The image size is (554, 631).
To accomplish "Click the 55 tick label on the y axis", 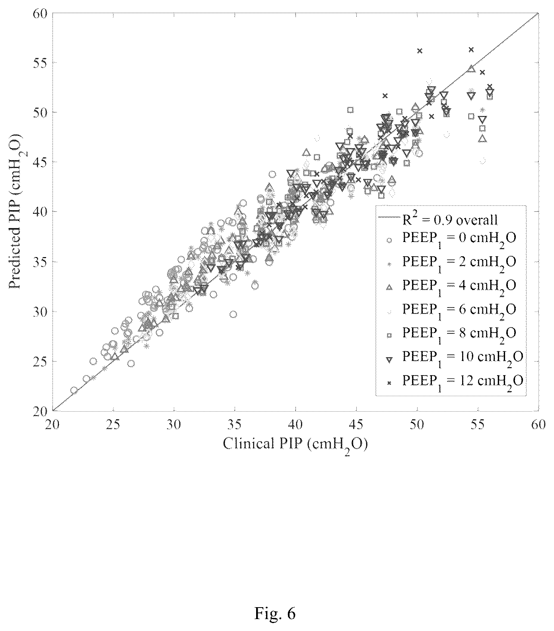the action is point(40,62).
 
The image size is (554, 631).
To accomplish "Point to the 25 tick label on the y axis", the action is point(40,362).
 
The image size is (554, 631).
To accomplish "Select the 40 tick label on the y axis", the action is point(40,212).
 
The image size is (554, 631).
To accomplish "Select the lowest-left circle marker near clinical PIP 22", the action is point(74,390).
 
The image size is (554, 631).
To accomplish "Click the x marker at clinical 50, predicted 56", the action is point(420,50).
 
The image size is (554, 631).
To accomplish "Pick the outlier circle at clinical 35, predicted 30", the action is point(233,314).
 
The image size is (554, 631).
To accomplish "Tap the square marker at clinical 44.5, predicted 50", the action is point(350,110).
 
